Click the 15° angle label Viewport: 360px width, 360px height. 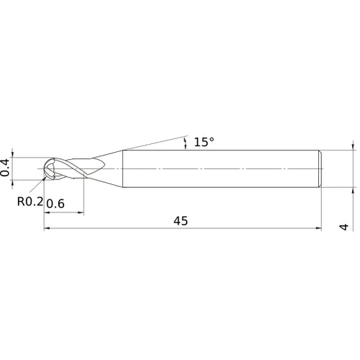point(204,143)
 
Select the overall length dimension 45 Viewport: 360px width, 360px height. point(180,221)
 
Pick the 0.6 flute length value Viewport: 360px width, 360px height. point(55,204)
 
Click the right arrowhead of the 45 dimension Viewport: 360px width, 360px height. point(318,230)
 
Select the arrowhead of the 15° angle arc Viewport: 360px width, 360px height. point(187,148)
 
